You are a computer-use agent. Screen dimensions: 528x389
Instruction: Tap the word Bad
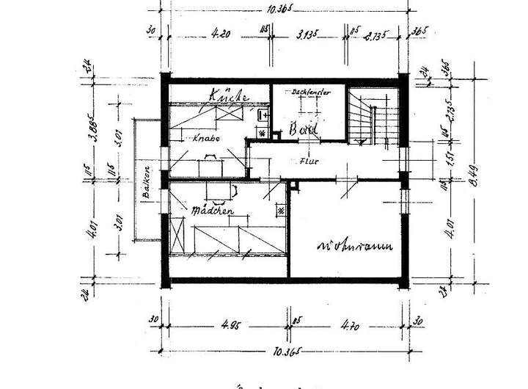click(302, 129)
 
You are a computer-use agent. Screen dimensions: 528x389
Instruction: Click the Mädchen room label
click(212, 211)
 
